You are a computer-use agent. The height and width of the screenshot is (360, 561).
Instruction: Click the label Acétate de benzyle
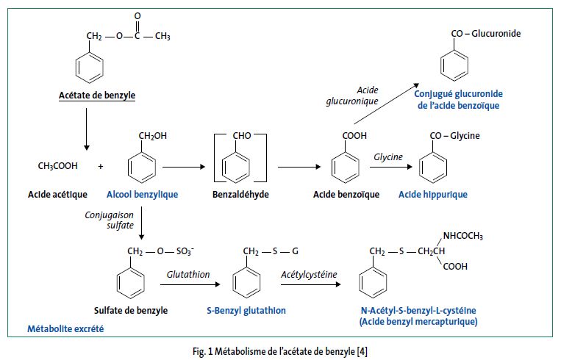pos(97,96)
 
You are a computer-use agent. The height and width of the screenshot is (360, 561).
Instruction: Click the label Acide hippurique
pos(432,195)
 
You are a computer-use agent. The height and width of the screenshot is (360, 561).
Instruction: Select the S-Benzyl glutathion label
pos(246,311)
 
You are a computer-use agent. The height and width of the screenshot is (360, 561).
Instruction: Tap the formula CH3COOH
pos(58,166)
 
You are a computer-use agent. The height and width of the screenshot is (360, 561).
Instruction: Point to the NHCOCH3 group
pos(462,236)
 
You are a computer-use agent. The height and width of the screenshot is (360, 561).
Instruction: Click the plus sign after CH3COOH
pos(100,166)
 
